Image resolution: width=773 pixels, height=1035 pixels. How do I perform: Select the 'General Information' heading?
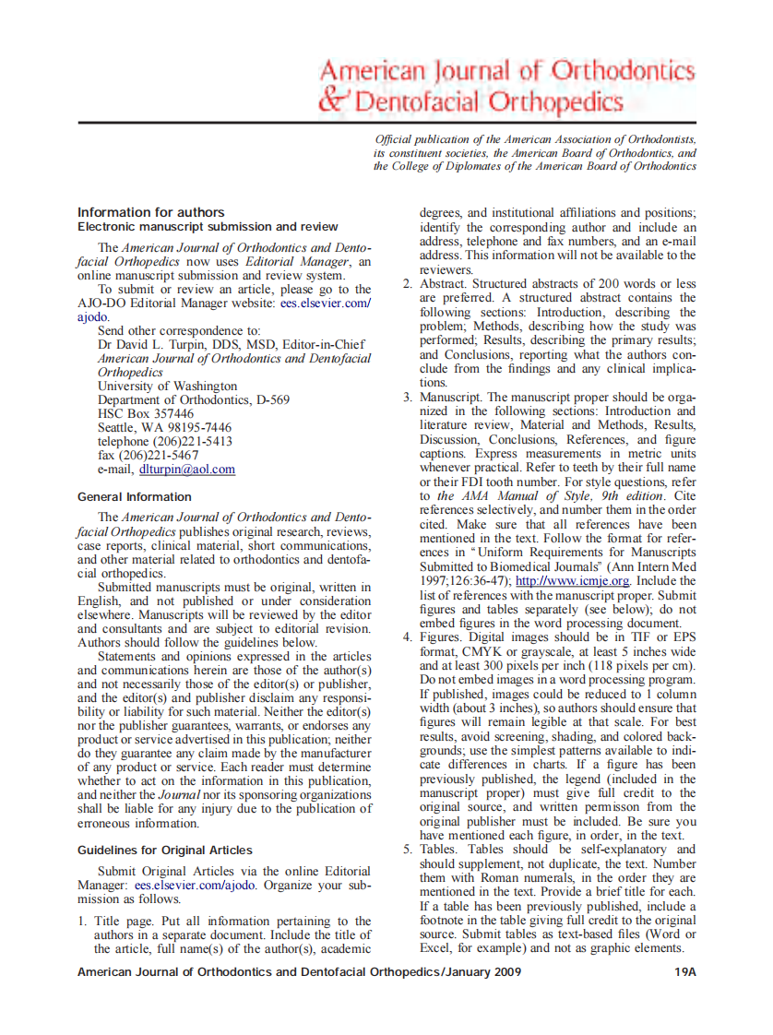pos(135,496)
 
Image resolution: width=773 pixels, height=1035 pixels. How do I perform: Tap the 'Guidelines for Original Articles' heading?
pos(164,850)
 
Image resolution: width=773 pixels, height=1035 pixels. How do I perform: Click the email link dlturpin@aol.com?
pos(187,469)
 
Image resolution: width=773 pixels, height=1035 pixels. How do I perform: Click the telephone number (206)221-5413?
pos(197,441)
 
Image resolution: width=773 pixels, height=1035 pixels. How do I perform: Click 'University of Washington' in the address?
pos(167,386)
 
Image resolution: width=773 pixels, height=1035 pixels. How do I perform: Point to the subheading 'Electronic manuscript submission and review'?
pos(208,227)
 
